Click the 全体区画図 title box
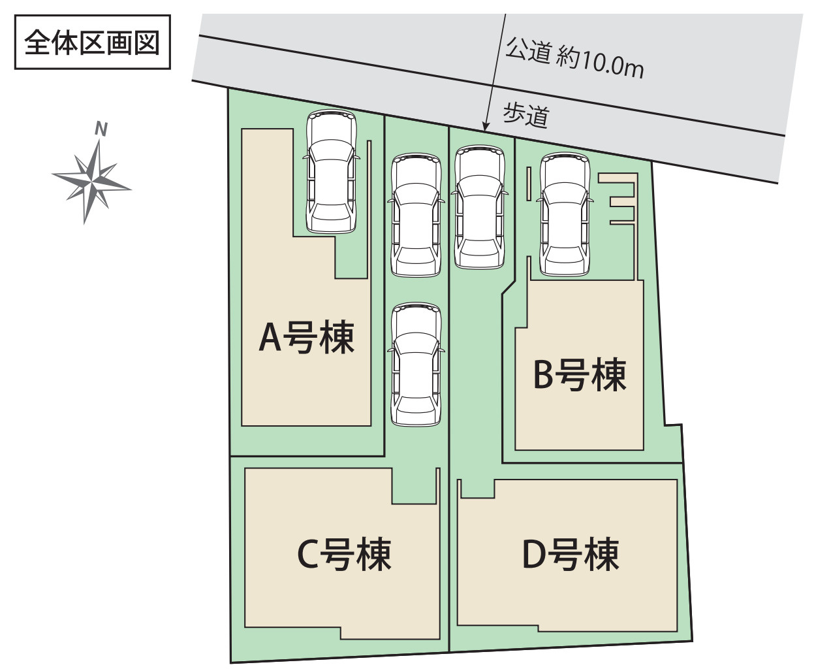(x=92, y=42)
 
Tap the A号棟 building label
(x=306, y=337)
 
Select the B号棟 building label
(x=580, y=374)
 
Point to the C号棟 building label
(x=344, y=554)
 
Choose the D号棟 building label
(x=571, y=554)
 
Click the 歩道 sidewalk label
(x=526, y=115)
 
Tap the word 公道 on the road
(x=528, y=50)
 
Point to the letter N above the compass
(x=102, y=129)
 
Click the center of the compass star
(x=92, y=181)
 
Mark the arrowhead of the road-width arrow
(x=486, y=127)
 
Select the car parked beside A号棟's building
(x=332, y=172)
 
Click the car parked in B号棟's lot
(x=565, y=214)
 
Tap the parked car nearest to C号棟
(x=416, y=365)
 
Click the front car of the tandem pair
(x=416, y=215)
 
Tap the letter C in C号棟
(x=307, y=555)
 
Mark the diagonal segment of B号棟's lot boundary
(x=509, y=287)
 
